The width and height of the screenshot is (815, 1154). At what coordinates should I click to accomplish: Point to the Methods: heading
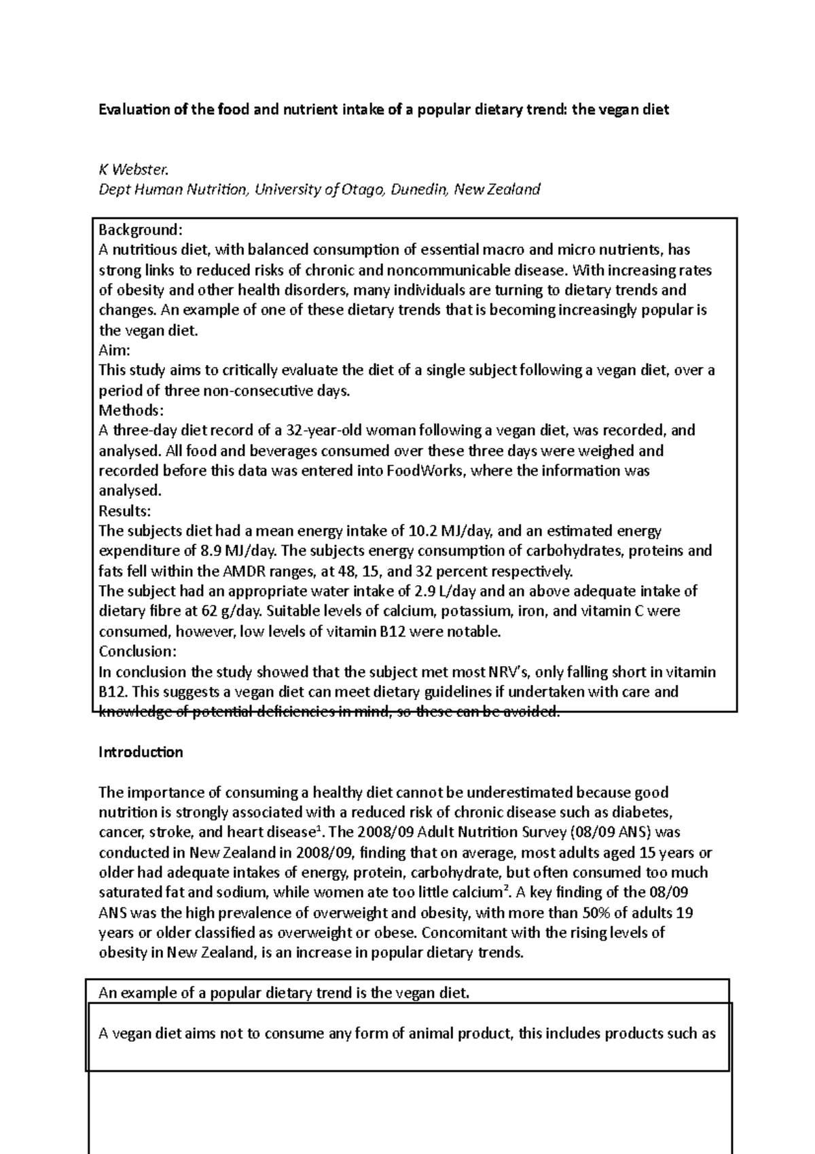[131, 410]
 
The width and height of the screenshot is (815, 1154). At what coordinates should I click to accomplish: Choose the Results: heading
[125, 510]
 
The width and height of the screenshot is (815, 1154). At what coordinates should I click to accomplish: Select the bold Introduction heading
[141, 752]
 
